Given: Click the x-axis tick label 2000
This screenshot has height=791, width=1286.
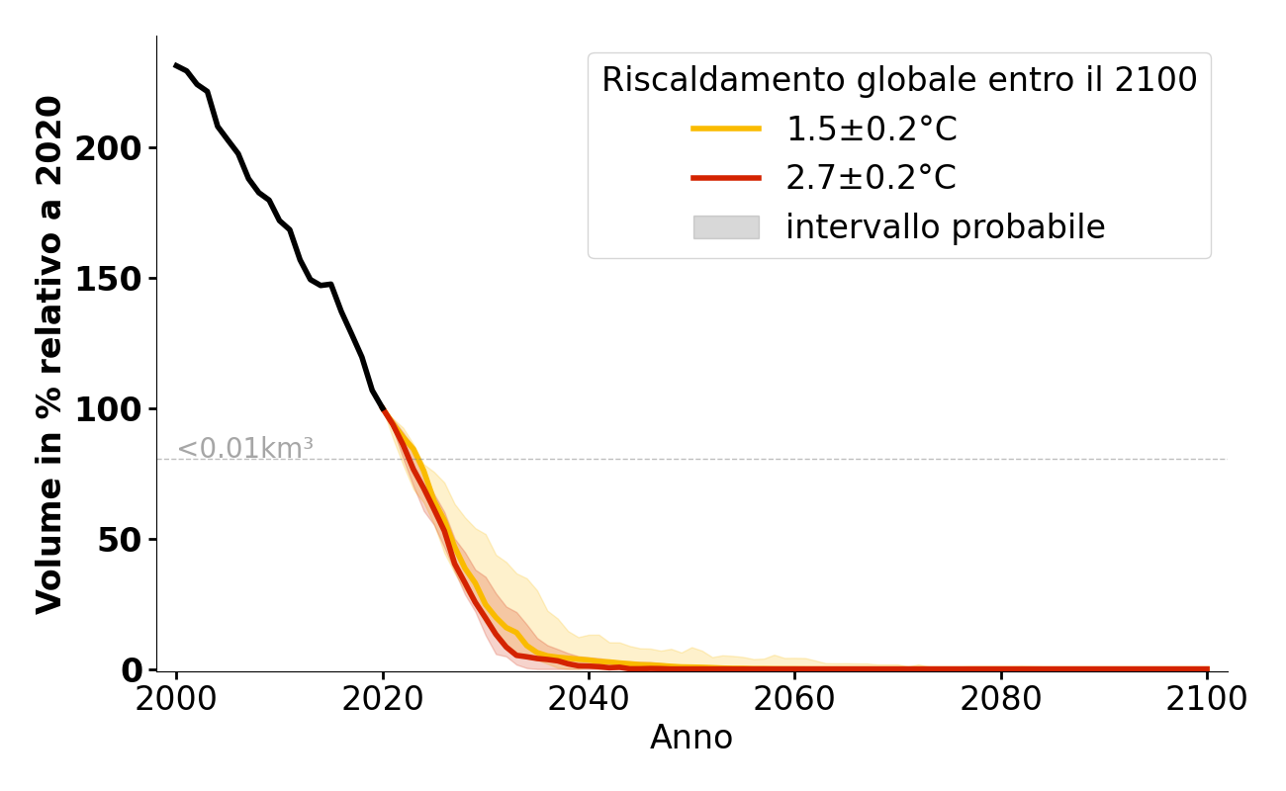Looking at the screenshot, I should click(x=177, y=700).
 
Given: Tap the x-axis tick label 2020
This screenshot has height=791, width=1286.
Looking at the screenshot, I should click(x=383, y=700).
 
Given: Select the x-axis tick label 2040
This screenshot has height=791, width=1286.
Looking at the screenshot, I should click(x=589, y=700).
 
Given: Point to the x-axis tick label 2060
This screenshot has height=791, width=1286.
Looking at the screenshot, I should click(x=794, y=700).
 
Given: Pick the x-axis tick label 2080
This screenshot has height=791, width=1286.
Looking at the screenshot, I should click(x=1001, y=700).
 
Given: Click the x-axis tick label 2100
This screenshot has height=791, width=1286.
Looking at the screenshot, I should click(x=1207, y=700).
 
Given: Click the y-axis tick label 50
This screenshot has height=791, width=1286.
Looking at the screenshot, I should click(x=130, y=540).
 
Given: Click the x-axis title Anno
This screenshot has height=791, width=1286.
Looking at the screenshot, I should click(x=691, y=739).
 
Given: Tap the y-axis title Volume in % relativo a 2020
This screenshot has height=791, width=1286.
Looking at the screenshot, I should click(x=49, y=354).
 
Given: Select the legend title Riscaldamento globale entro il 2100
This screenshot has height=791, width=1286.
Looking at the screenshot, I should click(x=899, y=80).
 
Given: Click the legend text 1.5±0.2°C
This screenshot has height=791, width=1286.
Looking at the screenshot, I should click(x=872, y=130).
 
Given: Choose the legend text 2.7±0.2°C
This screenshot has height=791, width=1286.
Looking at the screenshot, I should click(x=872, y=178).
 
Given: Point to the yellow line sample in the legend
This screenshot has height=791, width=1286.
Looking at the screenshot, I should click(x=726, y=129).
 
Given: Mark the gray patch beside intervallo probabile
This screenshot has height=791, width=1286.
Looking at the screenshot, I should click(x=726, y=227).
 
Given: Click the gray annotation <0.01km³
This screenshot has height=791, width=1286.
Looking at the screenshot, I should click(x=245, y=449).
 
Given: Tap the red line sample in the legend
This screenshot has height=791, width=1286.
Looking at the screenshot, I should click(x=726, y=178).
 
